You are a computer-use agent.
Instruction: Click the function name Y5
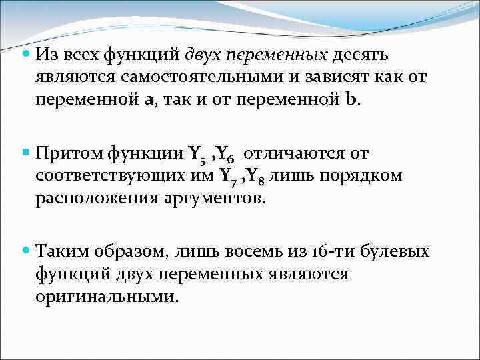tap(195, 155)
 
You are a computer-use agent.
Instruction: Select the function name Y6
tap(224, 155)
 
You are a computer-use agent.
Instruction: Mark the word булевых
tap(395, 252)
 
